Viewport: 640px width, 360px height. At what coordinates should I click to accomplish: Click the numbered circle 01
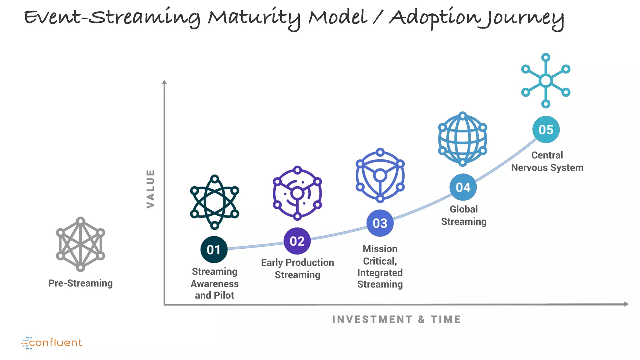pyautogui.click(x=214, y=249)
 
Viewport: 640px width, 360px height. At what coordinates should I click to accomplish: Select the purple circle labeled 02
pyautogui.click(x=297, y=241)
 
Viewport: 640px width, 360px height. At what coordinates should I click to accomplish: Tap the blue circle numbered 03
pyautogui.click(x=380, y=223)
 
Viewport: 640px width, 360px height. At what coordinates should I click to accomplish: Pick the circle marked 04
pyautogui.click(x=463, y=187)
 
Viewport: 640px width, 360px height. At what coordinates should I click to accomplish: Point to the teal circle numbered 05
pyautogui.click(x=546, y=129)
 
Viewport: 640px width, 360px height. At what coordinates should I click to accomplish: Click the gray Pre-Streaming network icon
pyautogui.click(x=81, y=244)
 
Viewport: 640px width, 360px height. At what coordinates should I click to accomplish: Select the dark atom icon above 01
pyautogui.click(x=215, y=202)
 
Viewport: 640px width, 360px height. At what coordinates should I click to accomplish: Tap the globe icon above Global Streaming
pyautogui.click(x=462, y=139)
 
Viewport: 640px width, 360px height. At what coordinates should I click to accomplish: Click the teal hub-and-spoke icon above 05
pyautogui.click(x=546, y=81)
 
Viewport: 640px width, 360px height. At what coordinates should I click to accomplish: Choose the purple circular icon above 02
pyautogui.click(x=297, y=193)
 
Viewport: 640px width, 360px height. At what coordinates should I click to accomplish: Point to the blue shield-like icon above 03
pyautogui.click(x=380, y=175)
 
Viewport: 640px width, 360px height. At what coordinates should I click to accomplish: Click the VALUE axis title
pyautogui.click(x=151, y=189)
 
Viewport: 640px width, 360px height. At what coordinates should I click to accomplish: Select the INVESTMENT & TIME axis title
pyautogui.click(x=396, y=319)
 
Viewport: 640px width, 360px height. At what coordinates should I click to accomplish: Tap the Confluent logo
pyautogui.click(x=52, y=343)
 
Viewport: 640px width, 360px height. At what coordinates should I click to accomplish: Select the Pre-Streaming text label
pyautogui.click(x=81, y=283)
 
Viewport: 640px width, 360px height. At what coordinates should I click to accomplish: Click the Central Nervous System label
pyautogui.click(x=547, y=161)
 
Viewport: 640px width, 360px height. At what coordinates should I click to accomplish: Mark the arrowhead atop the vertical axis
pyautogui.click(x=164, y=82)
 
